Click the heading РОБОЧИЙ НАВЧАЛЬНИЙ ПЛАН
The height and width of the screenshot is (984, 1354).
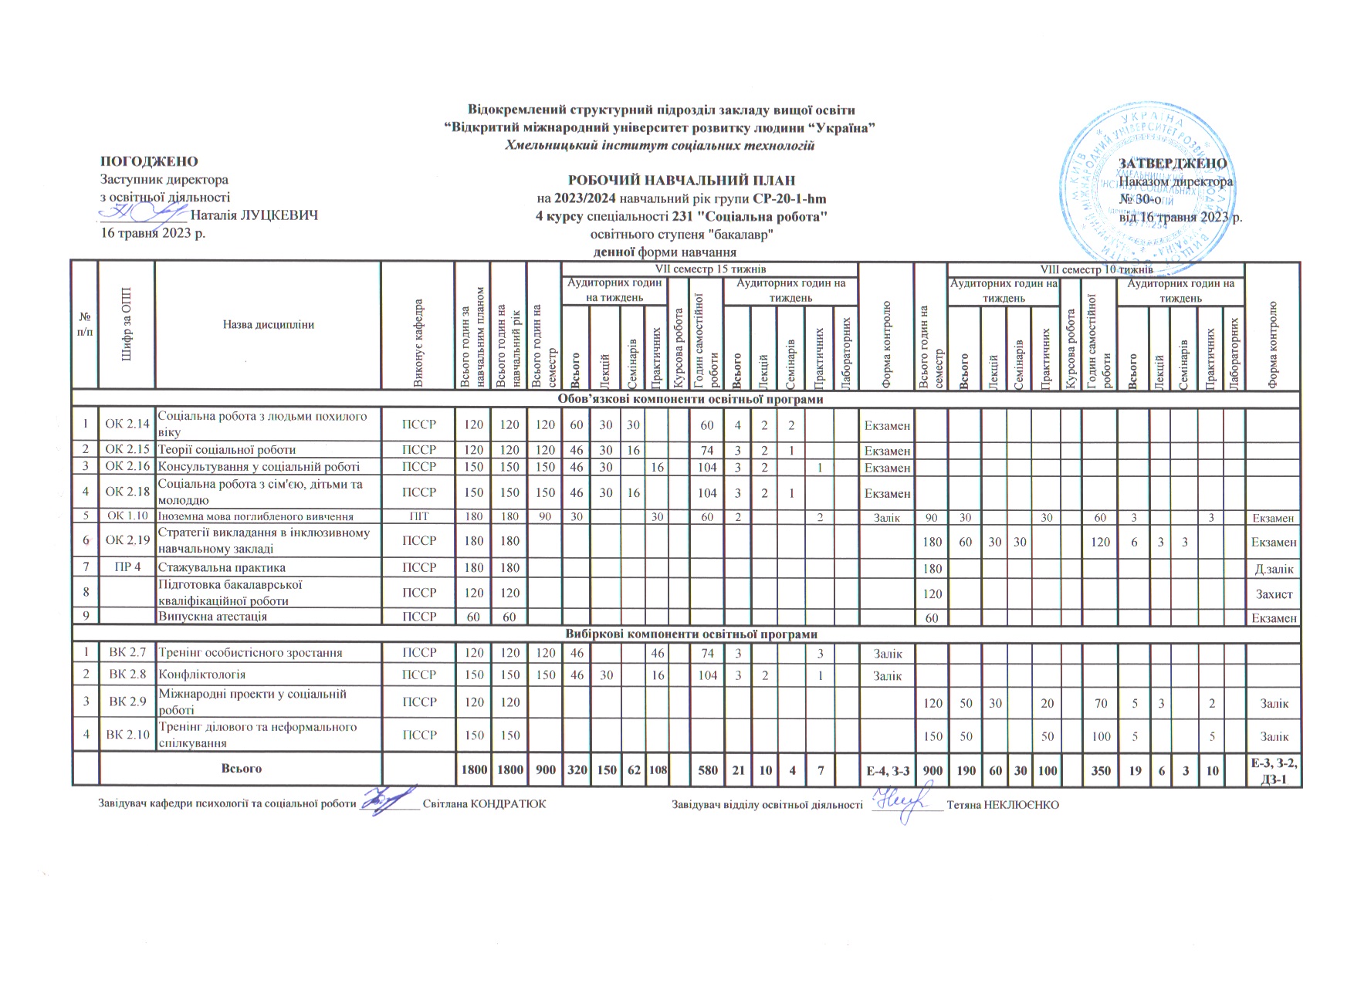point(682,181)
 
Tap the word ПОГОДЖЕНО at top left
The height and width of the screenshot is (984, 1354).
point(149,162)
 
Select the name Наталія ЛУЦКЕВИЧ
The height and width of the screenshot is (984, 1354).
point(254,215)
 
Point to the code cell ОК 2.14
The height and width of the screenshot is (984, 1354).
point(127,424)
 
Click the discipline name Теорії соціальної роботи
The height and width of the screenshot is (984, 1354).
point(227,449)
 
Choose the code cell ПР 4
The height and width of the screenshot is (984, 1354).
point(127,567)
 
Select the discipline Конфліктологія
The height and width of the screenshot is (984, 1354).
point(202,675)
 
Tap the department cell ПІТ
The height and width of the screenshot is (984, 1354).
point(419,517)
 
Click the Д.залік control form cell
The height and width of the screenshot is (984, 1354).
point(1274,569)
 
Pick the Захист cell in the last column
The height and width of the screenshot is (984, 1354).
point(1274,593)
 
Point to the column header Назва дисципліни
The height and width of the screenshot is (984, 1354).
point(268,325)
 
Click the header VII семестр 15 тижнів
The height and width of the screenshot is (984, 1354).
point(709,269)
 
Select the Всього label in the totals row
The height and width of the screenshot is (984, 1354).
point(241,769)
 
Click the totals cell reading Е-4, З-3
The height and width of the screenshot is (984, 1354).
point(888,770)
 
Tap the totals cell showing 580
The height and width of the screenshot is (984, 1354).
point(707,770)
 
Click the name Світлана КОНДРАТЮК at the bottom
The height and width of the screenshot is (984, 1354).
point(484,804)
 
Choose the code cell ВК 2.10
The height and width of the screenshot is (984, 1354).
point(127,735)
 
